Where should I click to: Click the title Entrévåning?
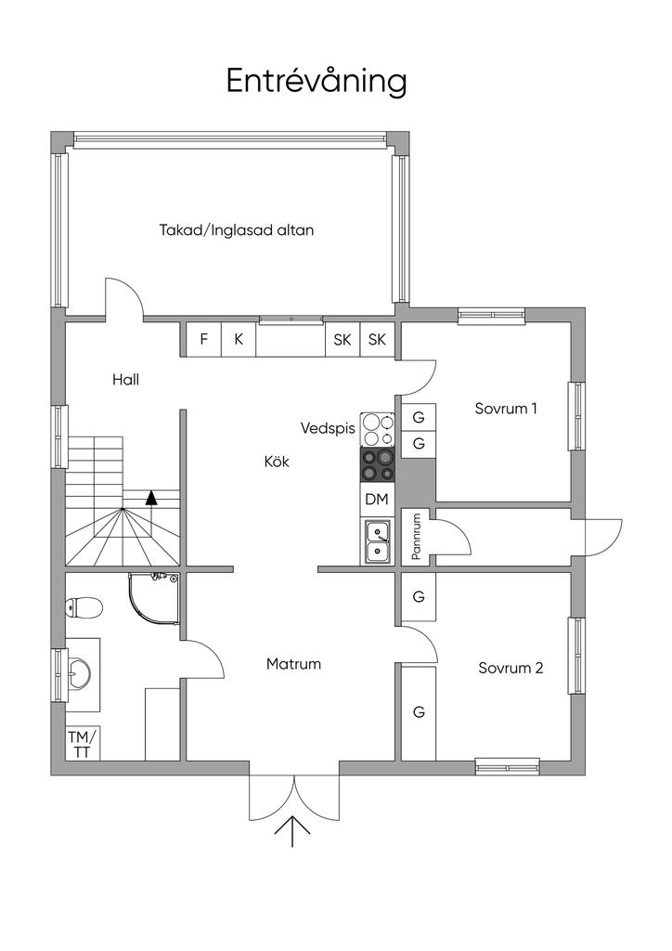(317, 81)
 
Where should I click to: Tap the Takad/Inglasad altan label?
(236, 229)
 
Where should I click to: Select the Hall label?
(125, 379)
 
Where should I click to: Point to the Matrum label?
(293, 664)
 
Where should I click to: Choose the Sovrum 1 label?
(506, 408)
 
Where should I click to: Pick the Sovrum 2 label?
(510, 667)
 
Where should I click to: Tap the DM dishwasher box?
(376, 500)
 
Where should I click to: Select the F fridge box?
(203, 339)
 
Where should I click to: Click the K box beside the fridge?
(239, 339)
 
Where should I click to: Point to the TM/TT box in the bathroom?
(82, 744)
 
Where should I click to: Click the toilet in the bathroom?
(84, 608)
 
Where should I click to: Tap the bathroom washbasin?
(81, 669)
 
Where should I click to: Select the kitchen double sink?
(378, 541)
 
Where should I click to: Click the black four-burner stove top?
(378, 464)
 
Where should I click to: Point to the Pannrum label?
(417, 537)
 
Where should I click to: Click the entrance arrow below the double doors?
(294, 830)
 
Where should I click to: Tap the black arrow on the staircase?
(151, 497)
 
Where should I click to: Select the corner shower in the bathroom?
(152, 599)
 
